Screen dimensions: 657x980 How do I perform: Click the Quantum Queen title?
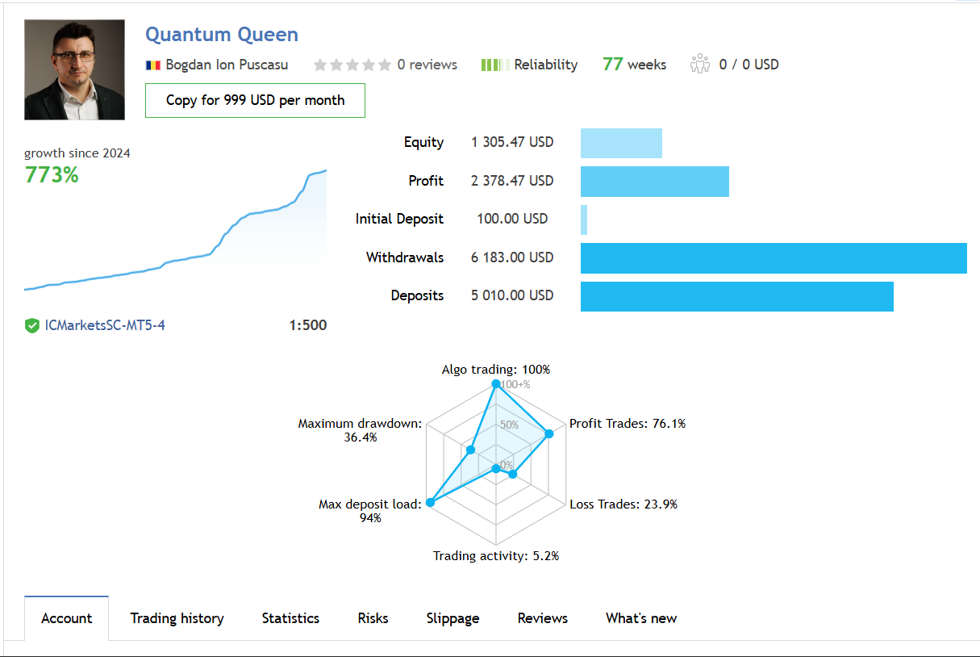pyautogui.click(x=222, y=35)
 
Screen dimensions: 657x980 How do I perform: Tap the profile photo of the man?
pyautogui.click(x=74, y=69)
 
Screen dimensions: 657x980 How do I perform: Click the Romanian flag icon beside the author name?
pyautogui.click(x=153, y=65)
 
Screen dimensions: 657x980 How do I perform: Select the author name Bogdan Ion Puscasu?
pyautogui.click(x=227, y=65)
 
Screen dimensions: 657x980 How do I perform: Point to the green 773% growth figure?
pyautogui.click(x=52, y=175)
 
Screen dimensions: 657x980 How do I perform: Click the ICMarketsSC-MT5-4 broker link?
pyautogui.click(x=105, y=325)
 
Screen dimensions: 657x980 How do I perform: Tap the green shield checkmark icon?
pyautogui.click(x=32, y=326)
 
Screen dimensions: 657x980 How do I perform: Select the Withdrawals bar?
pyautogui.click(x=773, y=258)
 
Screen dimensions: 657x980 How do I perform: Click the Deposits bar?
pyautogui.click(x=736, y=296)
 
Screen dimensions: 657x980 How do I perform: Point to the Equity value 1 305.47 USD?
pyautogui.click(x=512, y=142)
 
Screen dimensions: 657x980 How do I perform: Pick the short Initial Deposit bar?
pyautogui.click(x=584, y=220)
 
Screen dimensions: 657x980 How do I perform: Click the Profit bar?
pyautogui.click(x=654, y=182)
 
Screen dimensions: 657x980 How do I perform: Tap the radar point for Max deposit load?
pyautogui.click(x=430, y=502)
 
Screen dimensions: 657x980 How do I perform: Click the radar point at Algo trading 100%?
pyautogui.click(x=496, y=384)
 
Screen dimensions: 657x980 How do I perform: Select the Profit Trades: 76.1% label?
pyautogui.click(x=628, y=423)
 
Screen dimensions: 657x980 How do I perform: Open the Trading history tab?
pyautogui.click(x=177, y=618)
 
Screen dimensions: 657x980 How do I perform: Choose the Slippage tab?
pyautogui.click(x=452, y=618)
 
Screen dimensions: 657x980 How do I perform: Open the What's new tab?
pyautogui.click(x=641, y=618)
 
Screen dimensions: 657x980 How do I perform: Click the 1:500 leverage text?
pyautogui.click(x=307, y=325)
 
